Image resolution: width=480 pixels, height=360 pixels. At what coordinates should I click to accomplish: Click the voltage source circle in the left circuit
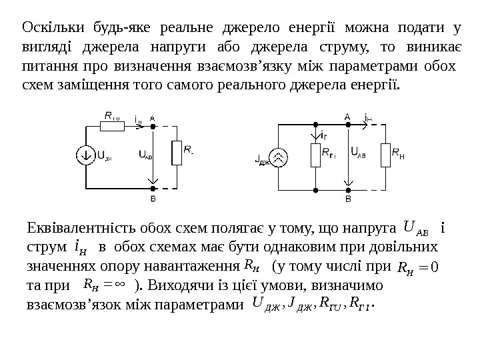(87, 155)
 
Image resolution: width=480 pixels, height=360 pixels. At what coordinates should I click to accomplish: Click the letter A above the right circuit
(347, 115)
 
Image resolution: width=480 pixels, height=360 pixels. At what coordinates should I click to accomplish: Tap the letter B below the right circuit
(348, 199)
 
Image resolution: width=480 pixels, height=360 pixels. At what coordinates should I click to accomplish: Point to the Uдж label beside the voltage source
(103, 155)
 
